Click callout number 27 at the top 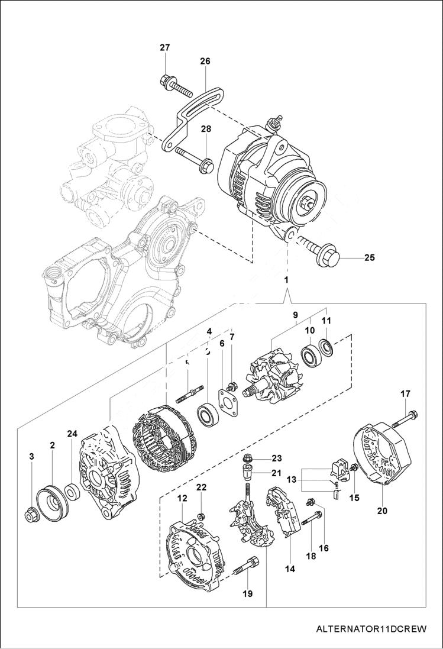(x=164, y=48)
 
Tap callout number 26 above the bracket (x=205, y=61)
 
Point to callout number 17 (x=406, y=393)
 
